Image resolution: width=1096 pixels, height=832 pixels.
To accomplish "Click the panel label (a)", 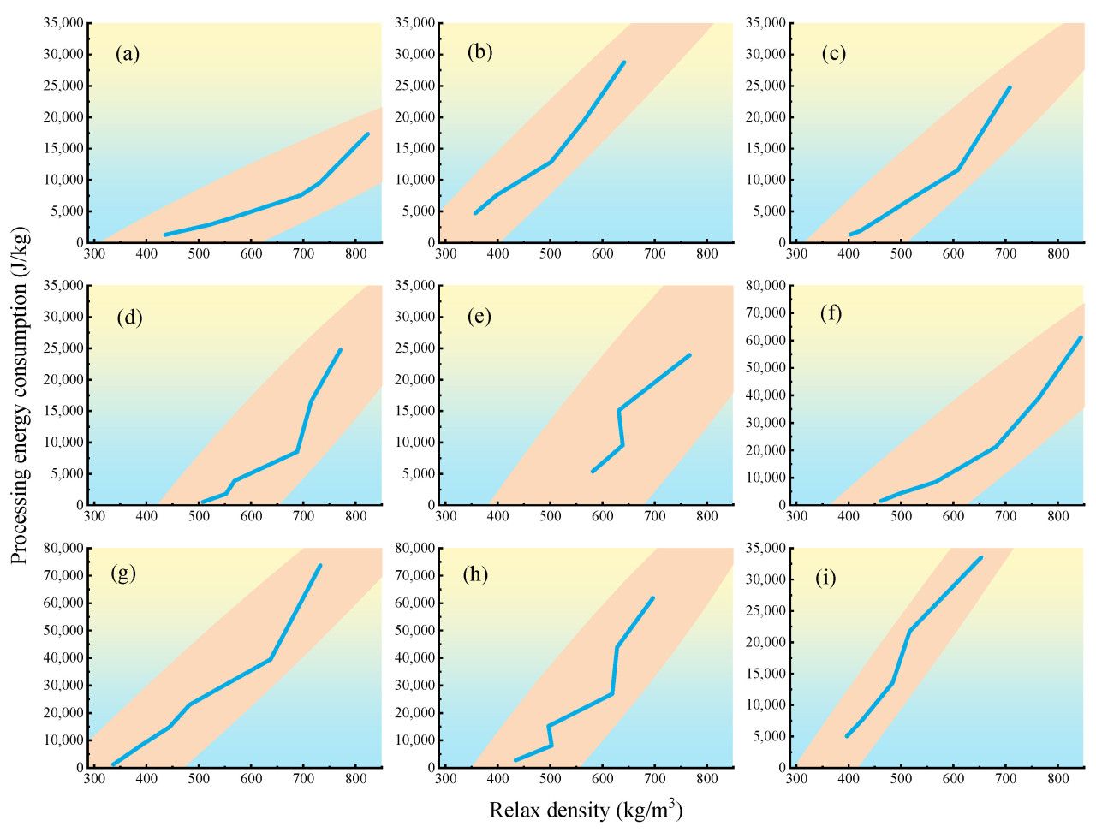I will click(x=128, y=55).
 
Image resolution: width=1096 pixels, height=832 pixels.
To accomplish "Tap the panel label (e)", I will click(x=479, y=317).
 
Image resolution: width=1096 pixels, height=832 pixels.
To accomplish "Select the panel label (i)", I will click(x=825, y=578).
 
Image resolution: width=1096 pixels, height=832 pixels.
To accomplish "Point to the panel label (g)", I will click(x=123, y=573).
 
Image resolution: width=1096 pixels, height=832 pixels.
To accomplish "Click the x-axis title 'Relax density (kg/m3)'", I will click(x=586, y=809).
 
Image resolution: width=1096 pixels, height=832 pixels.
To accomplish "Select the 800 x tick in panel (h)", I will click(x=706, y=779).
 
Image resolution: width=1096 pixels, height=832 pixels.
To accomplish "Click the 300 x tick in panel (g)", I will click(x=94, y=779).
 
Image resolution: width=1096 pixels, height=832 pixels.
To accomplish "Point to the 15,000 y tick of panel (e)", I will click(x=414, y=411).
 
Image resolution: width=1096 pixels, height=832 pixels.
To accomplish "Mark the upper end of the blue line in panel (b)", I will click(x=624, y=62).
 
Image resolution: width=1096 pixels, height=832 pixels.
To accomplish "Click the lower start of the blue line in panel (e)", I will click(x=593, y=471).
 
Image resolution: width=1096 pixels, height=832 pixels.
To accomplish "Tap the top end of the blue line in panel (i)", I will click(x=981, y=557).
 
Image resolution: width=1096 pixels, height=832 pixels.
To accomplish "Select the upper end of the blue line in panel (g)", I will click(x=320, y=565).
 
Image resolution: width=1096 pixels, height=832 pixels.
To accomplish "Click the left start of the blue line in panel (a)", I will click(x=165, y=235).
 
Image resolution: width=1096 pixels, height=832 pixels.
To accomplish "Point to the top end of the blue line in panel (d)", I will click(x=340, y=349).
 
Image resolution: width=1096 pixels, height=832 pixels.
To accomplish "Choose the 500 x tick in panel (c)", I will click(x=901, y=253).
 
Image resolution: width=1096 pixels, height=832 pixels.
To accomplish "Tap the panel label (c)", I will click(x=833, y=54).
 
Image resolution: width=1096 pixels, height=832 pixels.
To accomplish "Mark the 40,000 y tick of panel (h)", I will click(x=414, y=657).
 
